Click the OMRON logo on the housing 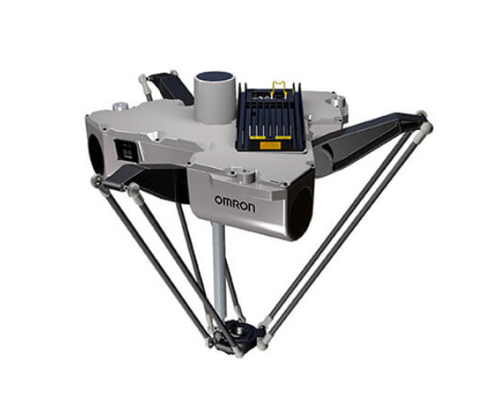click(x=235, y=204)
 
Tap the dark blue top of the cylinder click(x=214, y=77)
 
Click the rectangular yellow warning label click(x=271, y=145)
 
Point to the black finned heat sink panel click(x=271, y=117)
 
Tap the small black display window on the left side click(x=127, y=151)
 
